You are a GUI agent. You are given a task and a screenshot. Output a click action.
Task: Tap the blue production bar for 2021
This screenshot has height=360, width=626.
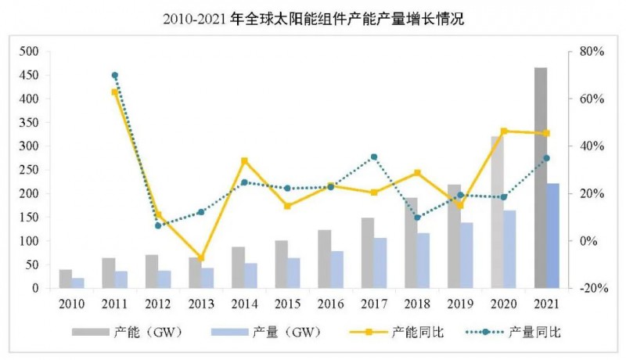click(553, 236)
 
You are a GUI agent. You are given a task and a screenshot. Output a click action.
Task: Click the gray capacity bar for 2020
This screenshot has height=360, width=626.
click(498, 212)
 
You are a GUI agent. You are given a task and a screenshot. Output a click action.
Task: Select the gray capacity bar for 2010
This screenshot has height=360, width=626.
click(66, 279)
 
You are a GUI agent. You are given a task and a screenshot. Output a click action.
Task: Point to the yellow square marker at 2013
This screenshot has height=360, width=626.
click(201, 257)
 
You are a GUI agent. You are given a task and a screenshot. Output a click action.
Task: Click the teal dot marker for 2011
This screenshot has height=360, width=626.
click(115, 75)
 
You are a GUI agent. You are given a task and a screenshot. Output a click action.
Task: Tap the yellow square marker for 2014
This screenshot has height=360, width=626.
click(244, 160)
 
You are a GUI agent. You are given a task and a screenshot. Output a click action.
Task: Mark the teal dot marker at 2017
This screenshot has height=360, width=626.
click(374, 157)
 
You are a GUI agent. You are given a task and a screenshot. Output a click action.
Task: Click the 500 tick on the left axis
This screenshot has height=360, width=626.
click(28, 52)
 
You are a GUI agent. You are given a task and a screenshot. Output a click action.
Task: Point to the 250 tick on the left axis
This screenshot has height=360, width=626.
click(28, 170)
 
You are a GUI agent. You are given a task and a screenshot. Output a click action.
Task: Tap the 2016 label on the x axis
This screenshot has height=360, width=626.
click(331, 303)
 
